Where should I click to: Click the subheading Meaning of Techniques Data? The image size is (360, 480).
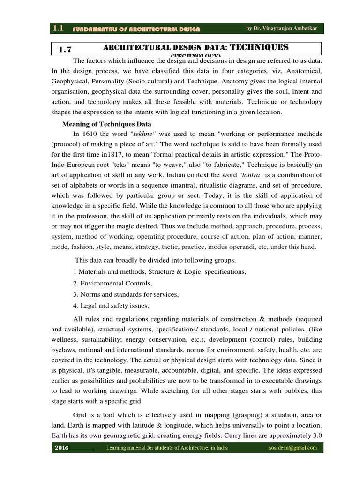107,124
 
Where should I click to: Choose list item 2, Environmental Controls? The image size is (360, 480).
113,284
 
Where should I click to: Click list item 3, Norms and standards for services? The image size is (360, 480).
126,295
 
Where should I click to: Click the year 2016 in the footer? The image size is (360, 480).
62,448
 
